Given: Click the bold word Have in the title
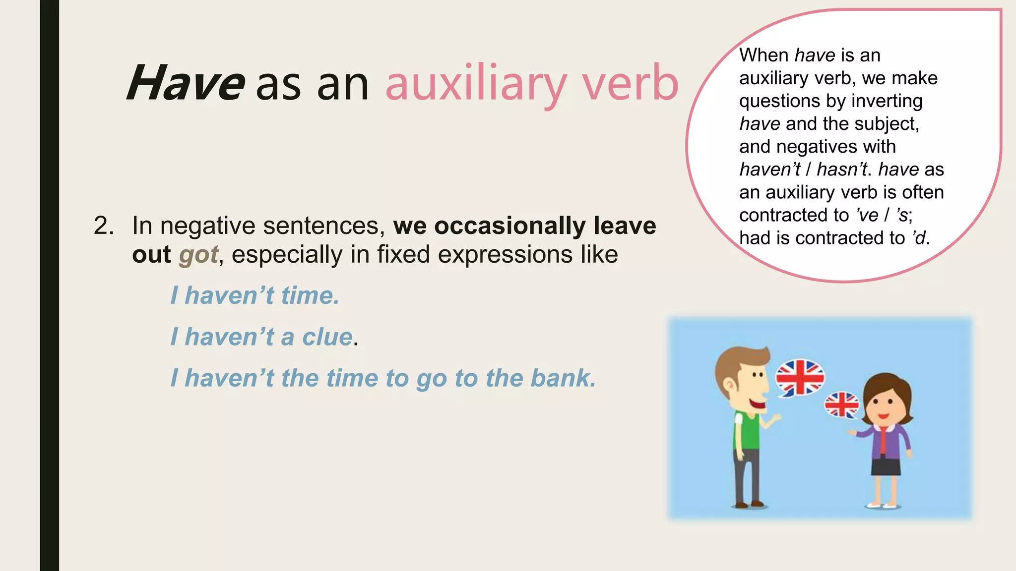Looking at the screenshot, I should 186,83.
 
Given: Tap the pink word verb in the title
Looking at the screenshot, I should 630,83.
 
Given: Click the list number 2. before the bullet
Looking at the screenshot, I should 104,226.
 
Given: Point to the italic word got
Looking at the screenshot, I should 198,255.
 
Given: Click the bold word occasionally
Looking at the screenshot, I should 510,226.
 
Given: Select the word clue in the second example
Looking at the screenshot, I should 327,337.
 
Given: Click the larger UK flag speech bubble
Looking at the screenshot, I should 799,378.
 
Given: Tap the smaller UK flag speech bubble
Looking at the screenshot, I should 842,404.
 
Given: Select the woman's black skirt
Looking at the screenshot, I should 886,466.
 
